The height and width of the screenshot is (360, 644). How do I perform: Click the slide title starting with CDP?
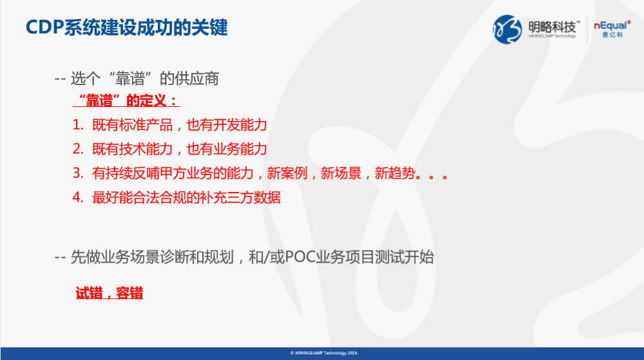[126, 28]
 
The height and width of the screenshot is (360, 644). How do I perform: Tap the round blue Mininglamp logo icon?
[507, 30]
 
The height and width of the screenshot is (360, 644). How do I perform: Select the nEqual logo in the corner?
[612, 29]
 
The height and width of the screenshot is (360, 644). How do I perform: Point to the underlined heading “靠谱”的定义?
[126, 100]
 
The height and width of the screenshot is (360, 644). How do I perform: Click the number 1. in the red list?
[78, 125]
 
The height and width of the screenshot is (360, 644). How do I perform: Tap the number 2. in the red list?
[78, 149]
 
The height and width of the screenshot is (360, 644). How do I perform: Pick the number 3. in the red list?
[78, 173]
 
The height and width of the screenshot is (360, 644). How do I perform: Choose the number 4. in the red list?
[78, 198]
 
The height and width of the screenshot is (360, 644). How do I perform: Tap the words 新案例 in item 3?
[287, 173]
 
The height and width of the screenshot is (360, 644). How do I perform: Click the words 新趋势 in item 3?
[395, 173]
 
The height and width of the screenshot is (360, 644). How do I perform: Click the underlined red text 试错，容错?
[109, 293]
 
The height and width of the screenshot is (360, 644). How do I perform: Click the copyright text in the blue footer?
[324, 353]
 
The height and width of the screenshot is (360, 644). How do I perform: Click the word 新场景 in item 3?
[341, 173]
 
